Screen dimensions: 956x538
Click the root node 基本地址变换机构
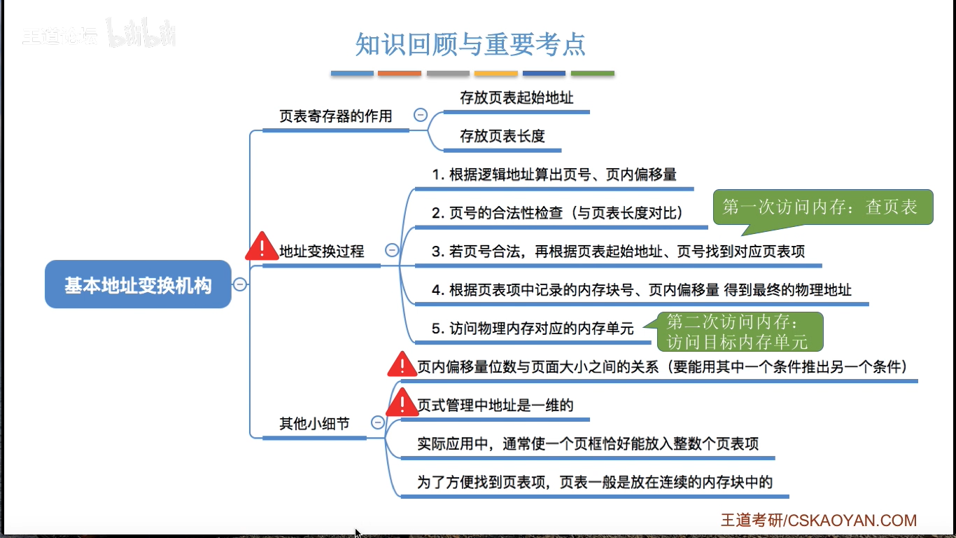tap(138, 284)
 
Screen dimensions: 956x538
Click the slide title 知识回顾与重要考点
tap(470, 44)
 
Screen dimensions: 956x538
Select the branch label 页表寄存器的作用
tap(335, 116)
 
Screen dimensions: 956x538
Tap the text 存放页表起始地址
tap(516, 98)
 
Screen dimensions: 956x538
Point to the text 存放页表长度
tap(502, 136)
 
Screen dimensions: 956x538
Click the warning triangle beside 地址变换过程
tap(262, 247)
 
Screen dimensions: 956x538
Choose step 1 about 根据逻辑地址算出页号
tap(554, 174)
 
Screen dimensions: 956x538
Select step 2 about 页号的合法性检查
tap(557, 213)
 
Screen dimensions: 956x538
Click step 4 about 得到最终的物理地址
tap(641, 289)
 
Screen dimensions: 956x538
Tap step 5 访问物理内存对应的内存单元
tap(532, 328)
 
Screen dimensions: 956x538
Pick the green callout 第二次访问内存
tap(737, 331)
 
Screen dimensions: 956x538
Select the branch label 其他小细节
tap(314, 423)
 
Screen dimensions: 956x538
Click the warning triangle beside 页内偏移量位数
tap(402, 365)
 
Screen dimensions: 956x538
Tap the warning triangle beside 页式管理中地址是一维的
tap(402, 403)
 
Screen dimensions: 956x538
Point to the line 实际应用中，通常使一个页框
tap(588, 443)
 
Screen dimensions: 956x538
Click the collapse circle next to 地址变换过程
tap(392, 250)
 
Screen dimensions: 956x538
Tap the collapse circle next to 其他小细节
tap(377, 422)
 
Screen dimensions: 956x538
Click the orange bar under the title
tap(400, 73)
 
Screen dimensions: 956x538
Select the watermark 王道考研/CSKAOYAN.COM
tap(819, 520)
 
